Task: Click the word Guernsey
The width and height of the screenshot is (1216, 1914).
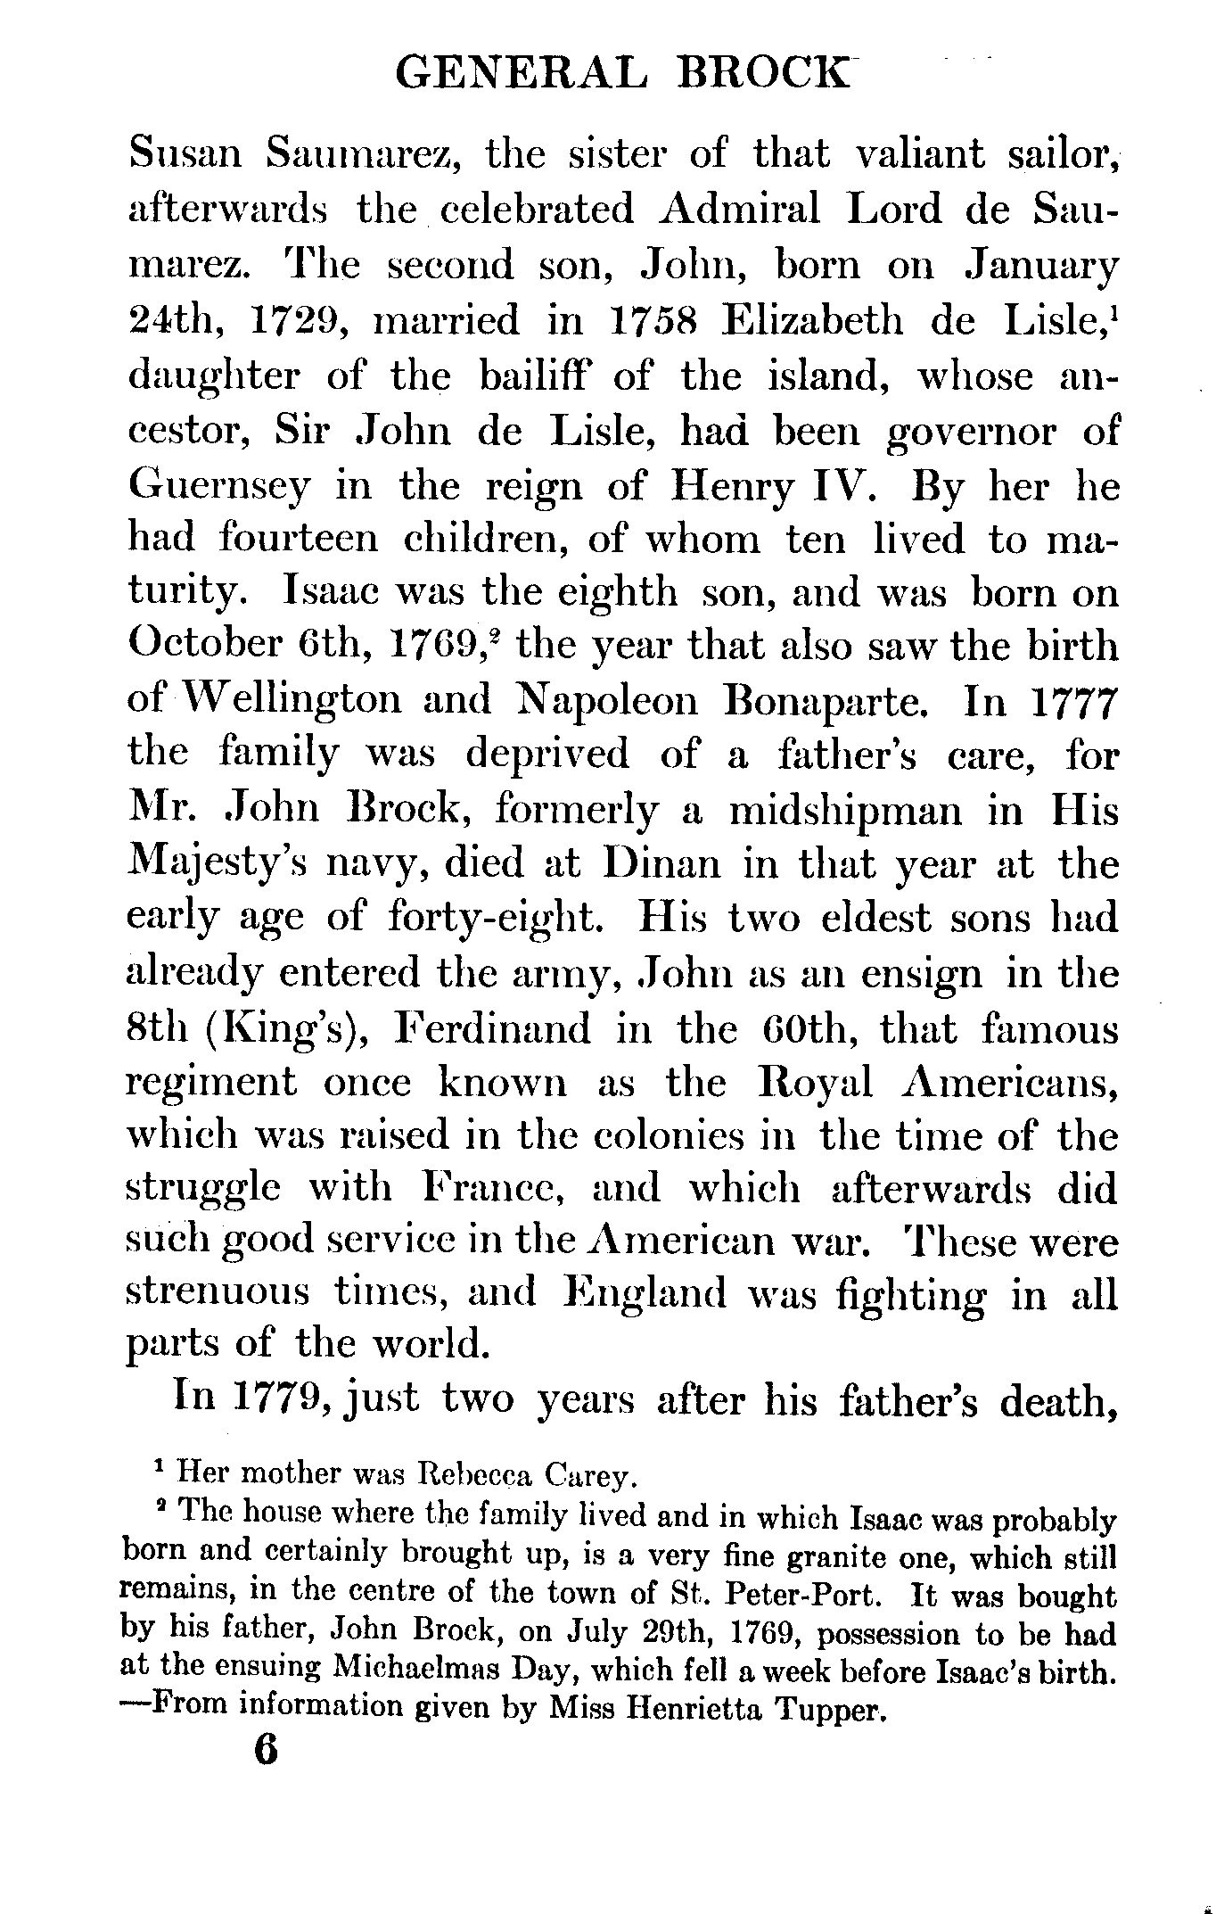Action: click(x=220, y=486)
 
